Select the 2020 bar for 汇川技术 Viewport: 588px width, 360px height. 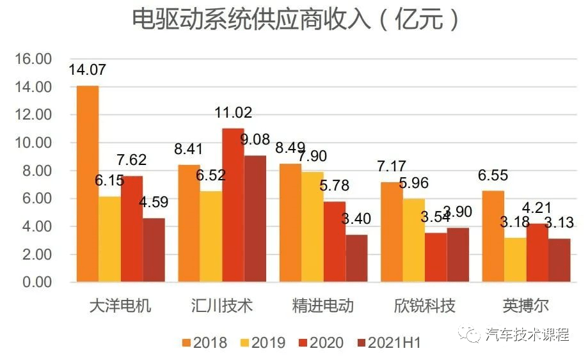click(x=233, y=205)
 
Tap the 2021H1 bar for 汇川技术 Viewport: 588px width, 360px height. click(x=255, y=219)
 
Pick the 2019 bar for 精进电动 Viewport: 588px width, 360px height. click(x=312, y=227)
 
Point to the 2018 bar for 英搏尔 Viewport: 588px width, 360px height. click(x=493, y=237)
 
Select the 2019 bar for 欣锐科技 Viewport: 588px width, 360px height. click(x=413, y=240)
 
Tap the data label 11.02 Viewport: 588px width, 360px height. click(x=233, y=113)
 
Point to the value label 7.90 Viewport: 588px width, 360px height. click(x=313, y=156)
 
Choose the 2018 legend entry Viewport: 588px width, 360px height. click(x=204, y=343)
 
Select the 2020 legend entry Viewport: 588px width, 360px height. click(x=325, y=343)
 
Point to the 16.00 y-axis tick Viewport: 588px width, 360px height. click(x=33, y=59)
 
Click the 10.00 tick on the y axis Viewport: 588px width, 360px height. click(x=33, y=143)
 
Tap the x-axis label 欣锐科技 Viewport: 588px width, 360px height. click(x=424, y=306)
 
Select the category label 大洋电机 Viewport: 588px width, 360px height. click(x=120, y=306)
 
